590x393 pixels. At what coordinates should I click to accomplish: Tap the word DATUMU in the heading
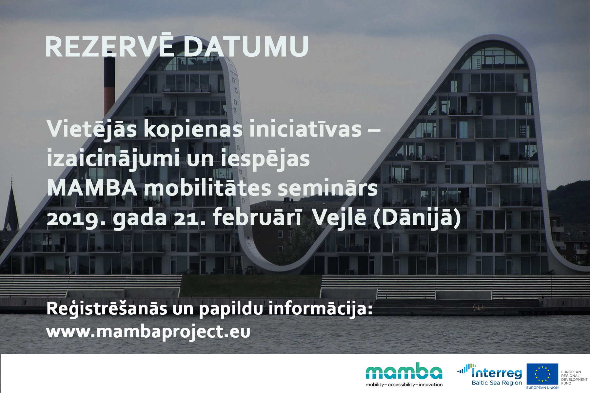click(246, 47)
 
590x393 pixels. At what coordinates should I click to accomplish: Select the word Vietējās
click(92, 130)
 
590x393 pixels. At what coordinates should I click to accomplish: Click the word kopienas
click(193, 130)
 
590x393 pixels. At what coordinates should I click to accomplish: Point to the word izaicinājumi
click(113, 159)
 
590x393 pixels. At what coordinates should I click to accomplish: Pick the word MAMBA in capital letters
click(92, 188)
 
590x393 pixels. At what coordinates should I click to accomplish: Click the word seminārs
click(327, 188)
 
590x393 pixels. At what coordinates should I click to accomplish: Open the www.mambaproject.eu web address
click(148, 332)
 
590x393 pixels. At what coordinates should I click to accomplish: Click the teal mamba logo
click(404, 371)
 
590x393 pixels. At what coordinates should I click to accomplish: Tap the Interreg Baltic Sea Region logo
click(490, 375)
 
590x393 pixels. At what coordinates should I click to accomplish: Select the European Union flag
click(542, 374)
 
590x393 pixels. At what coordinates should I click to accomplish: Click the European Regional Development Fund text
click(574, 378)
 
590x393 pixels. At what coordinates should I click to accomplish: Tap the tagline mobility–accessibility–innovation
click(404, 384)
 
